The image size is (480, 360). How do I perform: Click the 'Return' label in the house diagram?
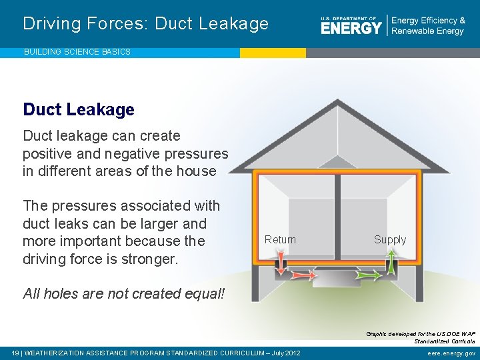pos(280,239)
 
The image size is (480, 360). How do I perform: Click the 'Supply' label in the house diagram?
pos(390,239)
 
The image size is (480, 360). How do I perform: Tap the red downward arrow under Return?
pos(281,262)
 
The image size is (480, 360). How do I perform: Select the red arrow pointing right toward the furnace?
pos(302,275)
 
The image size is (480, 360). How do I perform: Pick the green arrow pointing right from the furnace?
pos(365,274)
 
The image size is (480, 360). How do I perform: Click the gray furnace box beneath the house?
pos(337,276)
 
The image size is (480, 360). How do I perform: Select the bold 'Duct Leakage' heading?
pos(79,109)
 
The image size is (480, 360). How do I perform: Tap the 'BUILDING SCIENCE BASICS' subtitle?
pos(77,51)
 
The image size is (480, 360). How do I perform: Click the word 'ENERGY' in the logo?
pos(351,27)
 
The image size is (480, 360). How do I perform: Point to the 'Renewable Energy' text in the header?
pos(427,31)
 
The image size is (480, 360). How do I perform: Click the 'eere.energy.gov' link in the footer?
pos(451,353)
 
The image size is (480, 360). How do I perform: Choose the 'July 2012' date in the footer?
pos(283,353)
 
